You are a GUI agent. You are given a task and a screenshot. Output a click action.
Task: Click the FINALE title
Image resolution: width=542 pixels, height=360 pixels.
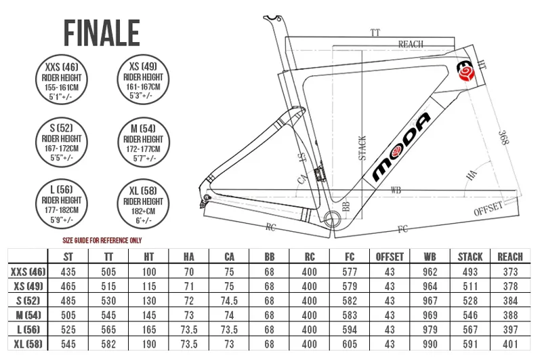click(x=102, y=33)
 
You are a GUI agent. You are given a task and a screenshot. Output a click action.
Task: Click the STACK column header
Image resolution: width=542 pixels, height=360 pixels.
click(x=470, y=256)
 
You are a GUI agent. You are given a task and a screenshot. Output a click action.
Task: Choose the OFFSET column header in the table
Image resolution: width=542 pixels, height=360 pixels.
click(x=390, y=256)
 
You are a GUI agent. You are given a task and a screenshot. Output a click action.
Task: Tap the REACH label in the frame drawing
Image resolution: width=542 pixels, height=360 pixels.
click(x=411, y=44)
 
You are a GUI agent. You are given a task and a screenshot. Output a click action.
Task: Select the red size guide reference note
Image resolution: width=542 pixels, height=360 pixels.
click(x=102, y=240)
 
